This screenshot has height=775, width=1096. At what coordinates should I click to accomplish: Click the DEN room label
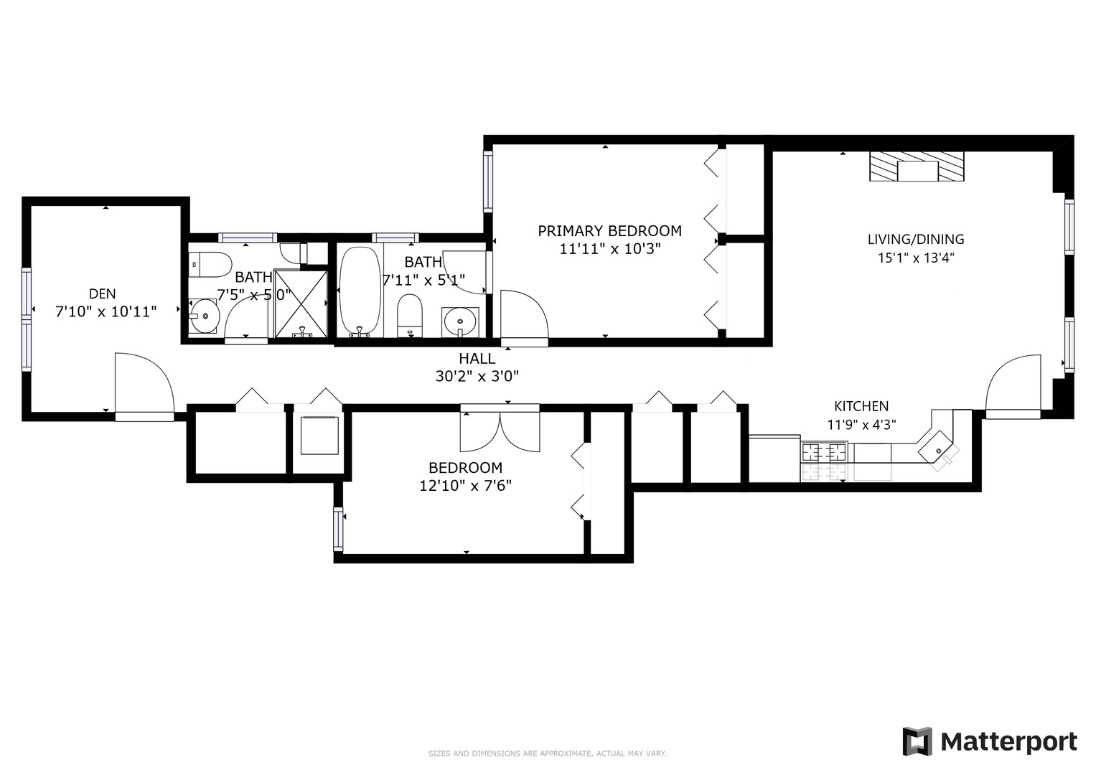coord(102,293)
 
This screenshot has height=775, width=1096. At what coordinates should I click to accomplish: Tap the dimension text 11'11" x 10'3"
coord(609,249)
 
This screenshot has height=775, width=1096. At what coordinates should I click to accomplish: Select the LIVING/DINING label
coord(915,240)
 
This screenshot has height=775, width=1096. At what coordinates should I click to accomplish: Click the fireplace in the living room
coord(917,167)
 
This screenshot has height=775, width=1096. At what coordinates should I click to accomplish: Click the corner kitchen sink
coord(939,451)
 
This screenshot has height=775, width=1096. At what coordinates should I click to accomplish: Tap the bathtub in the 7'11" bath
coord(360,291)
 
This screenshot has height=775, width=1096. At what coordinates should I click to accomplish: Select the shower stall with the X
coord(301,304)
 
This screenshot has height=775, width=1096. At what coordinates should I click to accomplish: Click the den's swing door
coord(143,384)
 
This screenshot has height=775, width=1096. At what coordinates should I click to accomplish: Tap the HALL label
coord(477,358)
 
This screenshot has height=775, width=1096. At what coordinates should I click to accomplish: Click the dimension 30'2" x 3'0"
coord(477,376)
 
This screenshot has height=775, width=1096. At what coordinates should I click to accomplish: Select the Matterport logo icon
coord(917,741)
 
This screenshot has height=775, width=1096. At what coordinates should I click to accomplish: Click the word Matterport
coord(1008,741)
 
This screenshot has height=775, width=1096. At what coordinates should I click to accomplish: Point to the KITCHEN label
coord(861,406)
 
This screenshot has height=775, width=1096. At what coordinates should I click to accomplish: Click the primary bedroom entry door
coord(523,316)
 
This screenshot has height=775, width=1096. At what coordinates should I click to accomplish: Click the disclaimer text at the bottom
coord(547,753)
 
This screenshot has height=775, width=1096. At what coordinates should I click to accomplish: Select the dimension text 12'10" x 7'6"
coord(465,486)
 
